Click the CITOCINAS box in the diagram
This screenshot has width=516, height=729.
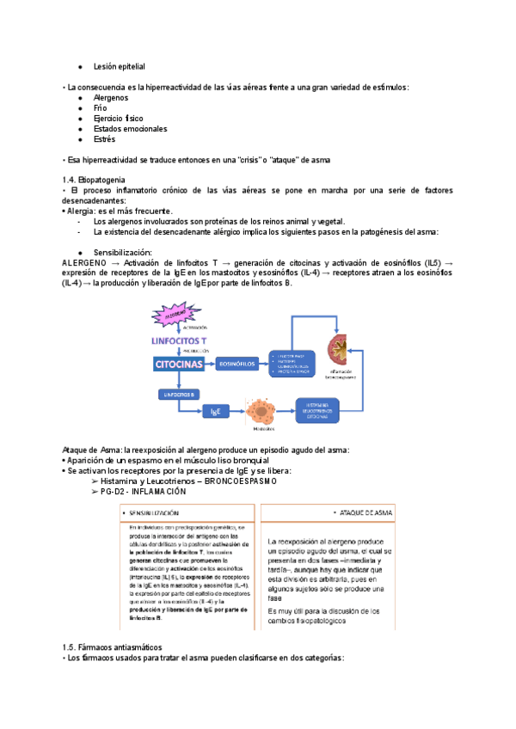point(179,364)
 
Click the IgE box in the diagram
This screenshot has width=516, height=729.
point(215,411)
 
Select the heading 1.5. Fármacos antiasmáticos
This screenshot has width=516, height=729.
point(112,646)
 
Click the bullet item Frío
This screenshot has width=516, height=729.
point(101,108)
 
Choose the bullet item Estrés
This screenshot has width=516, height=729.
point(103,139)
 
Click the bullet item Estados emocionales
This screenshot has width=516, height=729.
point(130,129)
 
